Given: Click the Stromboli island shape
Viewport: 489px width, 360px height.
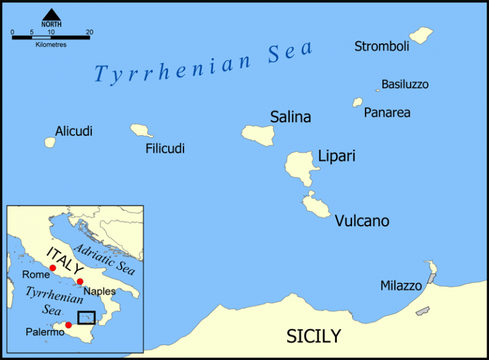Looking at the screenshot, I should coord(421,34).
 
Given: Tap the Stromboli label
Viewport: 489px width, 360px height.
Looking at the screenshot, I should coord(382,46).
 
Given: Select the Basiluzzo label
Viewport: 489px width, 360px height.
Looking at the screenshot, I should coord(405,84).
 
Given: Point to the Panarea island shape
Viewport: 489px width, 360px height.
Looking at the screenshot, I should coord(358,102).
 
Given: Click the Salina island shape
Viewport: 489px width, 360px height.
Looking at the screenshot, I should coord(258,133).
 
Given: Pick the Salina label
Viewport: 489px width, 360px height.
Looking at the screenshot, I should coord(290,117).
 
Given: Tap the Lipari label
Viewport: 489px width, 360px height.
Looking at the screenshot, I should coord(336,156).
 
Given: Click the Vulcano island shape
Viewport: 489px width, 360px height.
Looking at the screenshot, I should coord(315,205).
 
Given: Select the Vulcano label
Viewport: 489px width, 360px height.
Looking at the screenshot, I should coord(362,221).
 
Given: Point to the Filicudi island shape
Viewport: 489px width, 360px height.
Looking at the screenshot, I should coord(141,131).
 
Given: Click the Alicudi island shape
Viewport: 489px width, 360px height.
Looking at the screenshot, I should coord(50,142).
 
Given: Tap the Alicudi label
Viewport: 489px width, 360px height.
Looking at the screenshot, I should coord(74,131).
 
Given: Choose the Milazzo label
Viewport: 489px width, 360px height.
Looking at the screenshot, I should coord(401,285).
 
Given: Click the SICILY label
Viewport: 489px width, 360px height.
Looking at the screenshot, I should coord(313,336).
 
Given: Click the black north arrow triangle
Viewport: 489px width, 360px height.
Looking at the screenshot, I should coord(52,14).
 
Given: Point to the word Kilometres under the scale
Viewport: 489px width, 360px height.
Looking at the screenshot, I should coord(51,45).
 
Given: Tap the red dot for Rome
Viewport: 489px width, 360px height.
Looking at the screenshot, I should coord(53,267).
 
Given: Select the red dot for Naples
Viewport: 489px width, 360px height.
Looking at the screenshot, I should coord(80,282).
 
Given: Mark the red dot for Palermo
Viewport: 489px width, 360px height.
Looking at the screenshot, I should coord(68,325).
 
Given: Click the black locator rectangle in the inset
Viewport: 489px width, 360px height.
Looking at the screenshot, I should coord(86,317).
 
